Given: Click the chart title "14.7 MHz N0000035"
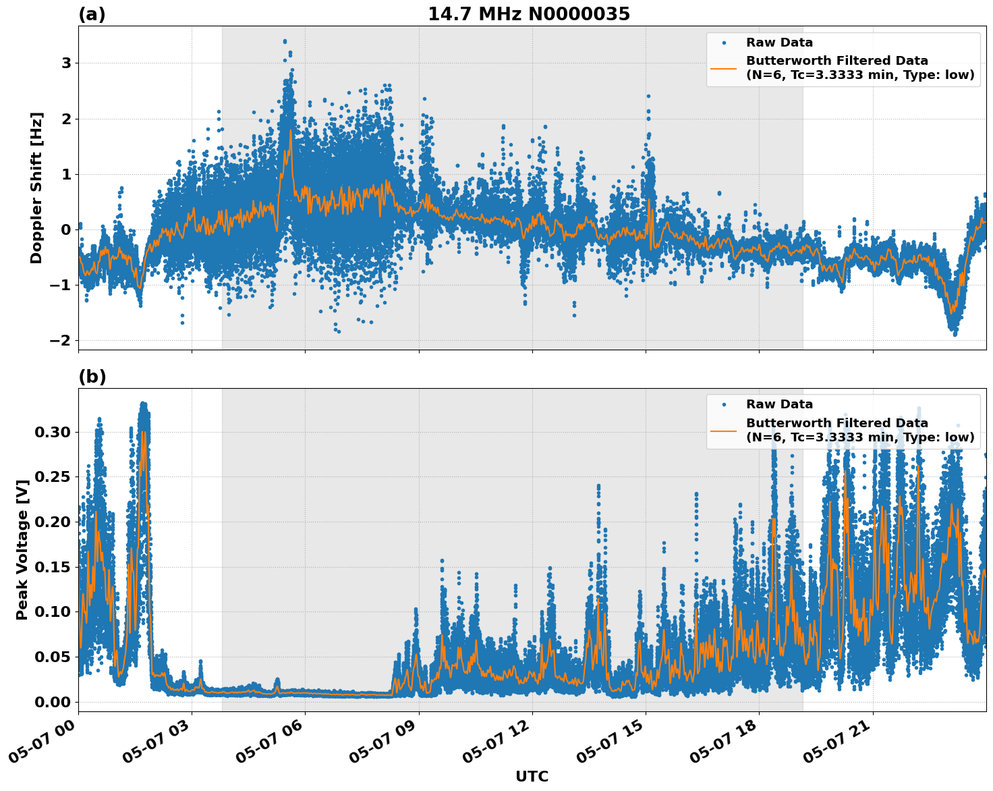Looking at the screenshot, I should (529, 14).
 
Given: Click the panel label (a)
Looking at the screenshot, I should (92, 14).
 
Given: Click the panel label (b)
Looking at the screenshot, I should (92, 377).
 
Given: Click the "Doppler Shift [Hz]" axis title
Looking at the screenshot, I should (36, 188).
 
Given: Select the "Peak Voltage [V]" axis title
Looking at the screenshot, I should (22, 550).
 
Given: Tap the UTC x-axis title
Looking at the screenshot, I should (532, 776).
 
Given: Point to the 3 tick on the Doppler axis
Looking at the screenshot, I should (66, 63).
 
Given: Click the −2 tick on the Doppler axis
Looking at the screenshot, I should (60, 341).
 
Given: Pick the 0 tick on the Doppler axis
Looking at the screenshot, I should (66, 230).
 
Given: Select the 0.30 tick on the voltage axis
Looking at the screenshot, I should (52, 432).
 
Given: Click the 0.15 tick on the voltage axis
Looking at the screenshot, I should (52, 567).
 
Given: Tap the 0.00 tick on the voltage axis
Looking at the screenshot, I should (52, 702).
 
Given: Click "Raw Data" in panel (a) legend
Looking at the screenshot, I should (779, 43).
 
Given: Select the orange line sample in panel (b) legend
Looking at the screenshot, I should (723, 430).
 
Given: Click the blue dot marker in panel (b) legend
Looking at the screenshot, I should (723, 405).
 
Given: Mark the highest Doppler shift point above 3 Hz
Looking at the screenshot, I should (285, 41).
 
